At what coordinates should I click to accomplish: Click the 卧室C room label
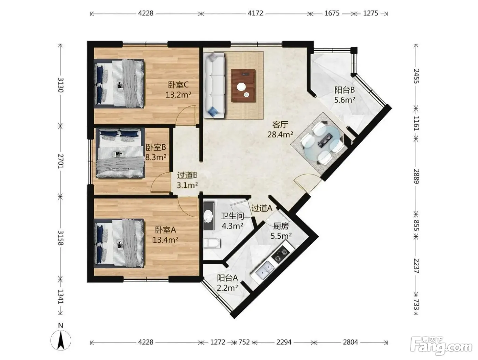coord(178,85)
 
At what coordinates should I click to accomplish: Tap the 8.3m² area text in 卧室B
coord(156,157)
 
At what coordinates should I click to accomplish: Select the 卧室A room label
coord(165,230)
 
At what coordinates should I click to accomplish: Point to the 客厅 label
coord(280,125)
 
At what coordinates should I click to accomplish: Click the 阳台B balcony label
coord(345,90)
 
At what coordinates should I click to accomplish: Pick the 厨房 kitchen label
coord(281,226)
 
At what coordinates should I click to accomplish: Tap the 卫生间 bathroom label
coord(233,216)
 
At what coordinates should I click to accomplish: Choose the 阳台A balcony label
coord(227,278)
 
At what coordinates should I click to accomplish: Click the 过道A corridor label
coord(262,208)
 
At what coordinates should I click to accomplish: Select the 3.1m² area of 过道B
coord(187,185)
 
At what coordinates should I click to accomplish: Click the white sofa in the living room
coord(214,86)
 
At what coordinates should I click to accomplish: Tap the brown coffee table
coord(243,85)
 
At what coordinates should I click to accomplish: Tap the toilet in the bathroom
coord(212,243)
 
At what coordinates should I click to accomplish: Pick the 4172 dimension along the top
coord(255,13)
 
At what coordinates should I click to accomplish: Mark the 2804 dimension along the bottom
coord(350,342)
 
